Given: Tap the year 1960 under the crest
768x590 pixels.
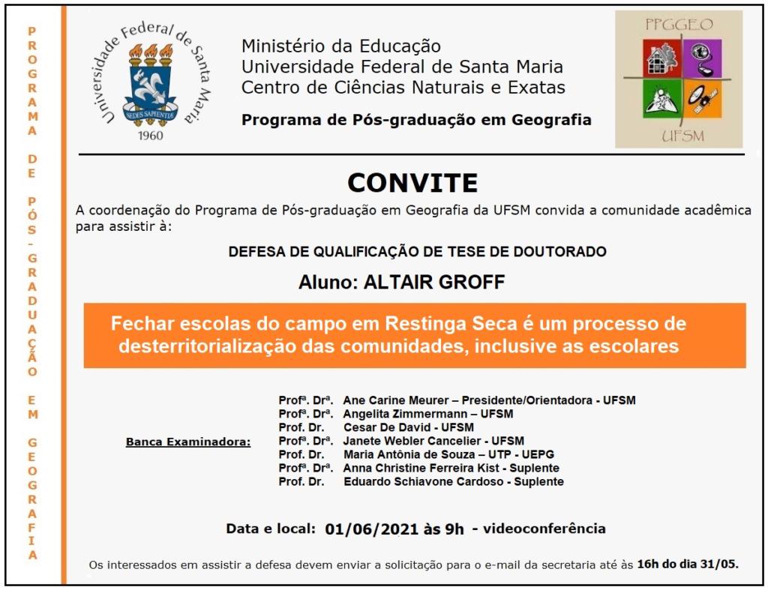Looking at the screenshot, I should pos(151,136).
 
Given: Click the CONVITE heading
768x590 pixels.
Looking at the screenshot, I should pos(412,183).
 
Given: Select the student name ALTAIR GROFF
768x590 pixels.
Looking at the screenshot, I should pos(434,282).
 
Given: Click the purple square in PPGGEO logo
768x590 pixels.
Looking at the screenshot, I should pos(703,59).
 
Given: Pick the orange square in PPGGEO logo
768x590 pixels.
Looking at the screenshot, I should pos(703,100).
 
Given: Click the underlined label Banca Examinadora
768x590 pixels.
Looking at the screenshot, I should pos(188,442).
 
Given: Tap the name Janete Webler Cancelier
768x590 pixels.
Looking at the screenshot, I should pos(412,441).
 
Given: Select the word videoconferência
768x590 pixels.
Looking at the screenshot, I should pos(544,529).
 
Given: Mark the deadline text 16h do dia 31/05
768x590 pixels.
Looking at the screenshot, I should pos(688,564).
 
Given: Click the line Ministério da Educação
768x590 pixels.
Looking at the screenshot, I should pos(340,46).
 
